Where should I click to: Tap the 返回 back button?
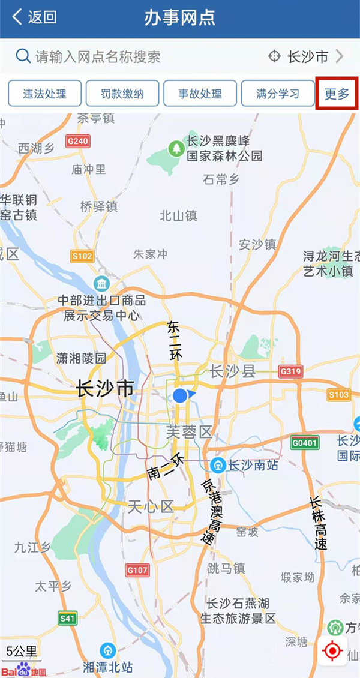click(x=34, y=17)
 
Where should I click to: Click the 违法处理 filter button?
click(x=44, y=94)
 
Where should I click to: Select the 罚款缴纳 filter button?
click(x=122, y=94)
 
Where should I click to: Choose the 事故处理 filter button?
click(x=200, y=94)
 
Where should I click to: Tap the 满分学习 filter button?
click(x=277, y=94)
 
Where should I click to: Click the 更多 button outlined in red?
click(x=337, y=94)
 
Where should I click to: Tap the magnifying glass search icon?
click(x=23, y=56)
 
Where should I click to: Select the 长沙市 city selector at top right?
click(x=306, y=57)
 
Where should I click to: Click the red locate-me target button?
click(x=332, y=650)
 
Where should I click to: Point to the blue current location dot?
click(x=180, y=395)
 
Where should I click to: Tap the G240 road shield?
click(x=78, y=142)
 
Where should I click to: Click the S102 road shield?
click(x=82, y=257)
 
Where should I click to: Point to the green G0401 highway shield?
click(x=305, y=443)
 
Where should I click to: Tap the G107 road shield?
click(x=137, y=569)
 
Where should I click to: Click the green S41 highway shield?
click(x=68, y=617)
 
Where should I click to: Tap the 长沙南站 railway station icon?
click(x=218, y=466)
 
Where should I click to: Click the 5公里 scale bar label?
click(x=22, y=651)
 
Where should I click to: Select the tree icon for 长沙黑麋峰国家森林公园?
click(x=176, y=147)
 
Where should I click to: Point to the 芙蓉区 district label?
click(x=189, y=431)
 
